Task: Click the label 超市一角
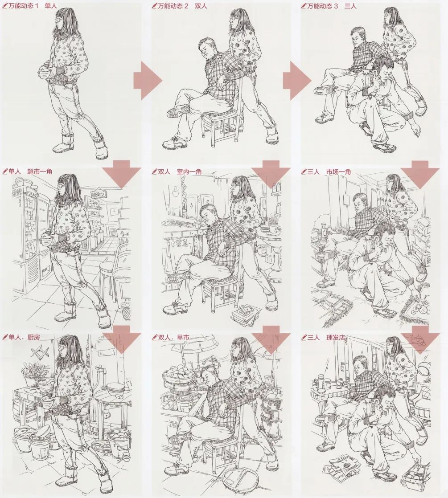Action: pos(39,171)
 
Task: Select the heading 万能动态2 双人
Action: pos(179,6)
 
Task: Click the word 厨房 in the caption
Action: pos(34,337)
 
